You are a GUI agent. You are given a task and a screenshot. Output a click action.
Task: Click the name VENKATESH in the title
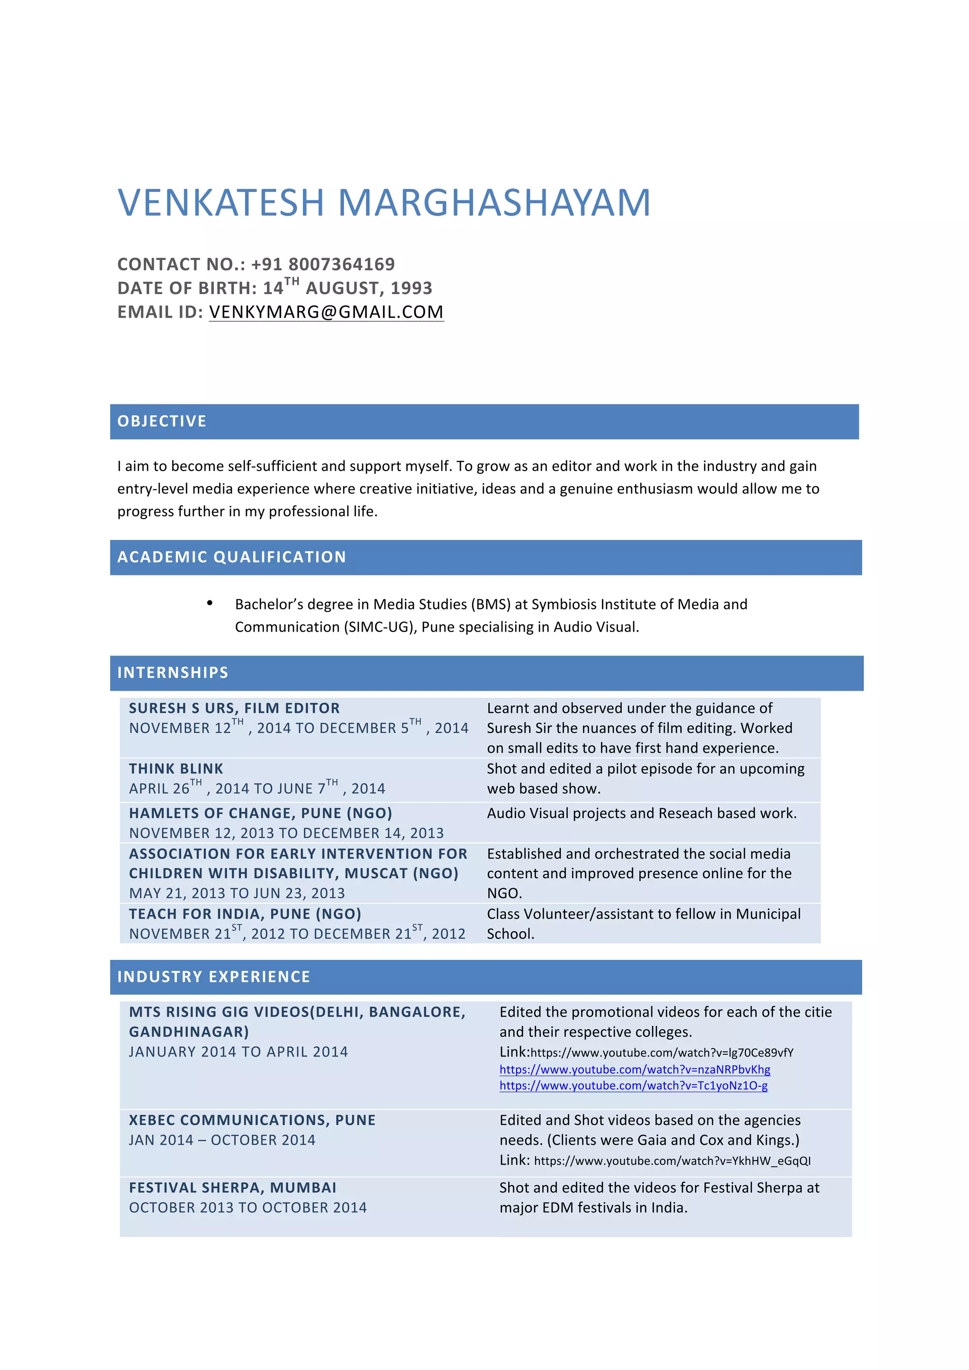[221, 202]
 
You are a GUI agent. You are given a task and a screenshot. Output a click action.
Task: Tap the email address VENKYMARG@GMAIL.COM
[326, 312]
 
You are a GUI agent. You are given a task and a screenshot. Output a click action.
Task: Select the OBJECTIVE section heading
[162, 421]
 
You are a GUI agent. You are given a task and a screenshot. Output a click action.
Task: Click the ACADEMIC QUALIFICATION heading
[232, 557]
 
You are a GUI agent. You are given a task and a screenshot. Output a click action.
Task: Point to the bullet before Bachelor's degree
[210, 603]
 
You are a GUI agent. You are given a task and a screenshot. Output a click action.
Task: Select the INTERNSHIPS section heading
[173, 672]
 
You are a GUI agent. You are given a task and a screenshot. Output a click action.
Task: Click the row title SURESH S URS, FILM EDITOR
[234, 708]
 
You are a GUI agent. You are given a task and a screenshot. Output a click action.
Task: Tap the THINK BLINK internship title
[176, 769]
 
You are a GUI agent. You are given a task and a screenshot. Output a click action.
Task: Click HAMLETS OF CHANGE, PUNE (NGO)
[260, 813]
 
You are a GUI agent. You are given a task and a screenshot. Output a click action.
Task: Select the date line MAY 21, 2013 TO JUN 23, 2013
[237, 893]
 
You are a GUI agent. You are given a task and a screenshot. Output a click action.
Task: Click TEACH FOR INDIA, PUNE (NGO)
[245, 914]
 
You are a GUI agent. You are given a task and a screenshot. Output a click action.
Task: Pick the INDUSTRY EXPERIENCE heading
[214, 977]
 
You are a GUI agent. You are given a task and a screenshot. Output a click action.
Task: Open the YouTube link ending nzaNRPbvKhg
[634, 1069]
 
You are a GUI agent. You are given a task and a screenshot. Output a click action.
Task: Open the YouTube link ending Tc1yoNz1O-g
[634, 1085]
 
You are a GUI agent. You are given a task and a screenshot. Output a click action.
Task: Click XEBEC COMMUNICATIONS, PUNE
[252, 1120]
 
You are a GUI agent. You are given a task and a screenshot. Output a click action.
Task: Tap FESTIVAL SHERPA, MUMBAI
[233, 1188]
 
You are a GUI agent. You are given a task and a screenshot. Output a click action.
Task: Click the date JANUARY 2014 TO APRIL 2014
[238, 1052]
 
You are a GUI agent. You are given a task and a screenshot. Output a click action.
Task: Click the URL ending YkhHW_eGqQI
[672, 1161]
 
